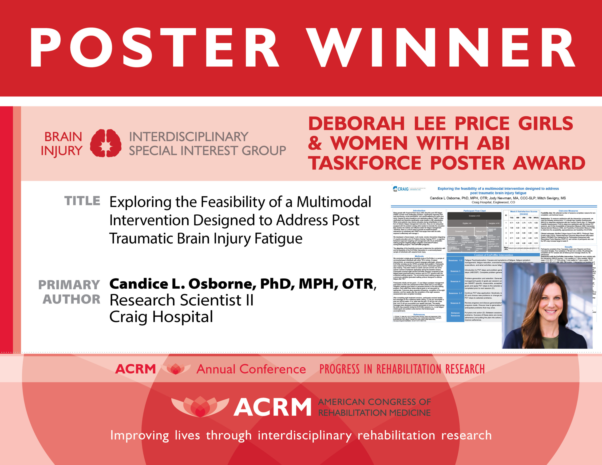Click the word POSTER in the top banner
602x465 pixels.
[x=154, y=47]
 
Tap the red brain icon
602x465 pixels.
[x=106, y=143]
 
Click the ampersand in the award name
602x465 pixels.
[x=315, y=143]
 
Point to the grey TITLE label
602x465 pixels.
[x=82, y=201]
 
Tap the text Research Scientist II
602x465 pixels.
[x=181, y=300]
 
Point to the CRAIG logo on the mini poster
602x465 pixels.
[x=401, y=189]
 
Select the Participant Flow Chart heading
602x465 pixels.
[x=474, y=211]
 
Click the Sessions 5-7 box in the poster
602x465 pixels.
[x=455, y=293]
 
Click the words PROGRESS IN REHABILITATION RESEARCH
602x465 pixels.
[x=402, y=369]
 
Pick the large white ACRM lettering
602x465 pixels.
[x=273, y=407]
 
